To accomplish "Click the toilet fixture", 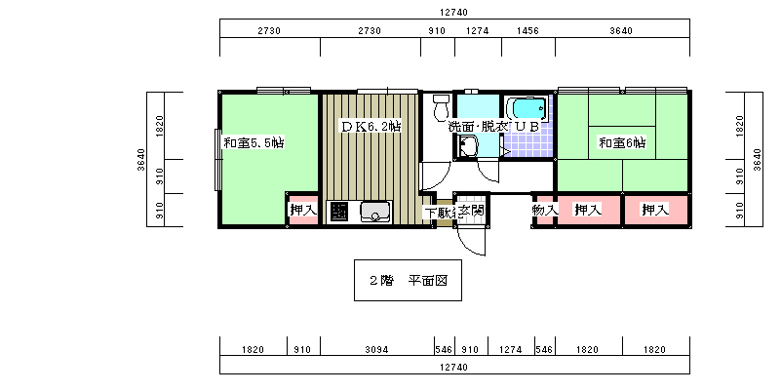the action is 441,107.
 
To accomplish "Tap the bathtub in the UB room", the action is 527,108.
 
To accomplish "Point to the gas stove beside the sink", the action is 339,213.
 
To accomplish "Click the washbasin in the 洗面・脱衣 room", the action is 467,146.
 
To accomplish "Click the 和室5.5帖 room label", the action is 254,143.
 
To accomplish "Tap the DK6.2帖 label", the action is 371,126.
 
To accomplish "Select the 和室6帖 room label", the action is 622,143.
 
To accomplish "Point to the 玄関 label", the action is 471,211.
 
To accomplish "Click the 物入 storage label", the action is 544,211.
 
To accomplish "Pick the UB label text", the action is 527,127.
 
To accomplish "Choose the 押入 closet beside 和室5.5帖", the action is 303,210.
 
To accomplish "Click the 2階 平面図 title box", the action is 408,281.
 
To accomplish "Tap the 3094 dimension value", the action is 376,350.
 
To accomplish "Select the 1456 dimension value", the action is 527,31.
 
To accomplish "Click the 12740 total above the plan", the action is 453,13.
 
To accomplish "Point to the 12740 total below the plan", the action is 453,368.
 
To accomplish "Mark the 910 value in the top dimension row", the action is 437,31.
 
